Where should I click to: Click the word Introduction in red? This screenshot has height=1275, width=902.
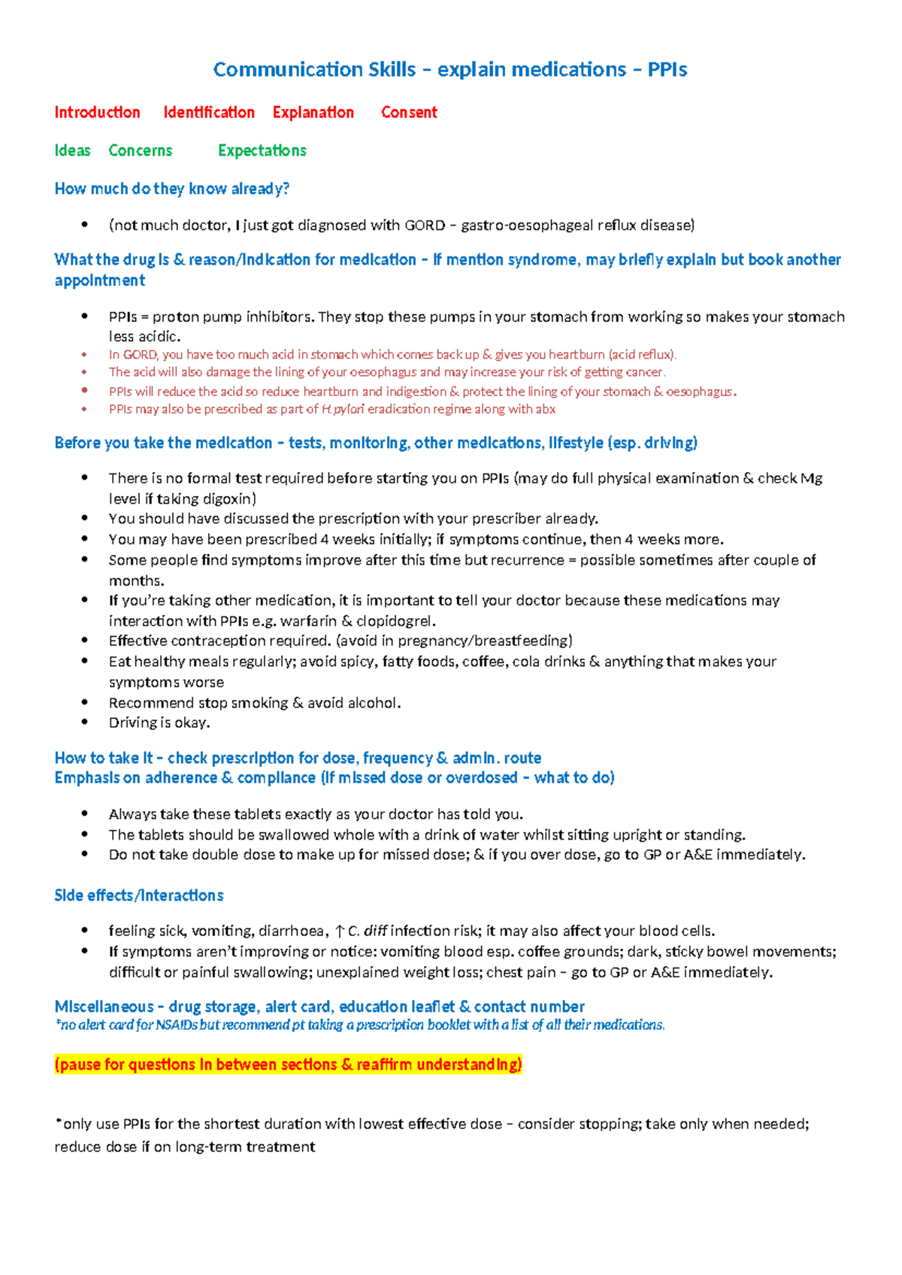pos(97,113)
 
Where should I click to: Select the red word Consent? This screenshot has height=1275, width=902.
pos(409,113)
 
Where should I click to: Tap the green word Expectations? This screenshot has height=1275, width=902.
pos(262,151)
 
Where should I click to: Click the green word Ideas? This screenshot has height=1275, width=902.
pos(72,151)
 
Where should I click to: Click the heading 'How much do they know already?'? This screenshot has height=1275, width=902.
pos(171,189)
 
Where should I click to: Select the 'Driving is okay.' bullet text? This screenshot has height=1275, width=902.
pos(159,722)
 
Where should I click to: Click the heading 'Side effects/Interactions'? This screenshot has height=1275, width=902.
pos(138,895)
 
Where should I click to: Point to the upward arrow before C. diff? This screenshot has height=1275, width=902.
pos(340,931)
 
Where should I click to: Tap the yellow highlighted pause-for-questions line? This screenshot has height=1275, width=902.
pos(288,1065)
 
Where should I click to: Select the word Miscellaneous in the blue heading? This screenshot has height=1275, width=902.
pos(104,1007)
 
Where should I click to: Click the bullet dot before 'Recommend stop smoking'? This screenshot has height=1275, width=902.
pos(85,703)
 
